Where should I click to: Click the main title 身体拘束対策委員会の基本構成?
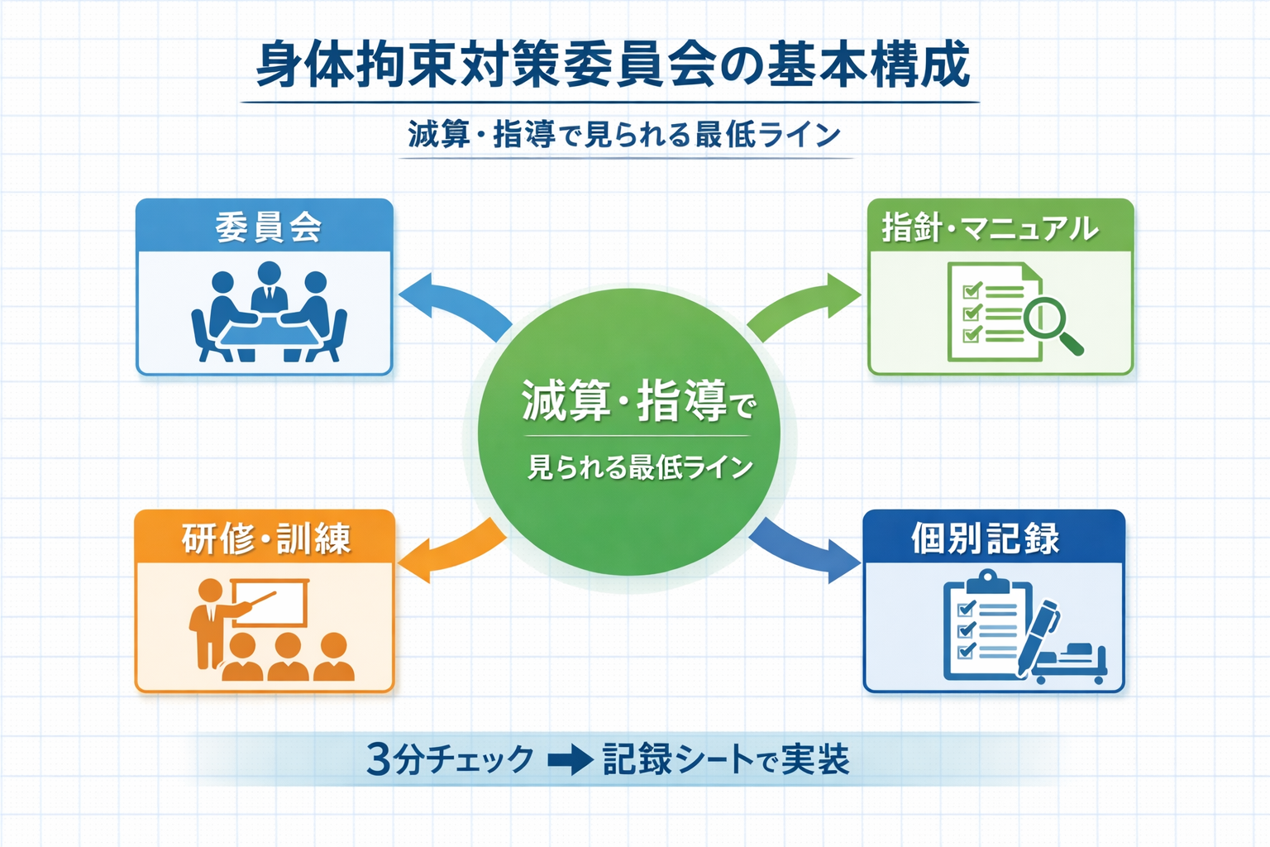[612, 65]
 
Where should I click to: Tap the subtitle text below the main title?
[624, 134]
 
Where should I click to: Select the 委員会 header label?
[267, 227]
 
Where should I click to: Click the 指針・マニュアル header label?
[990, 227]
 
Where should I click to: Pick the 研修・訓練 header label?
[266, 538]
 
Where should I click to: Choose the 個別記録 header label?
[985, 538]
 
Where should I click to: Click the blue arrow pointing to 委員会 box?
[451, 306]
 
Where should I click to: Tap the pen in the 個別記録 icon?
[1038, 633]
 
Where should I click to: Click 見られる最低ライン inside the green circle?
[640, 467]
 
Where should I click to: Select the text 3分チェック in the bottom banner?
[451, 758]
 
